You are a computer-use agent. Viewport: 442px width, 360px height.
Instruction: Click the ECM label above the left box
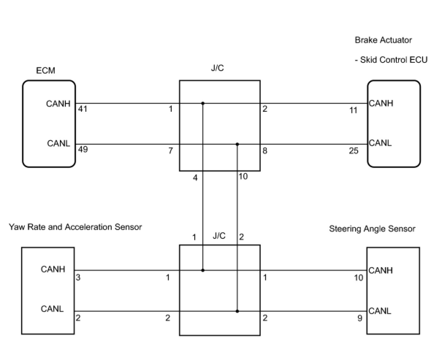[x=46, y=70]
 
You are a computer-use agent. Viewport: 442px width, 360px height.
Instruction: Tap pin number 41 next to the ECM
[x=83, y=109]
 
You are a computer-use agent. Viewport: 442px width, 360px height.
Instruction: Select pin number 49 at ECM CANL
[x=83, y=149]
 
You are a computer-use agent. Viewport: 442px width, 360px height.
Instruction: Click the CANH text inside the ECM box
[x=58, y=104]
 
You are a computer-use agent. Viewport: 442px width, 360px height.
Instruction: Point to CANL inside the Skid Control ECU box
[x=380, y=143]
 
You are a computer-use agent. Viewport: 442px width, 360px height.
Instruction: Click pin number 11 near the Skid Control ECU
[x=353, y=110]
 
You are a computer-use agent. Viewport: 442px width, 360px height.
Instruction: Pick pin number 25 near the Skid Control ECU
[x=353, y=150]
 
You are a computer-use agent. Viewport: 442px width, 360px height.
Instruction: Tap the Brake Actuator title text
[x=383, y=40]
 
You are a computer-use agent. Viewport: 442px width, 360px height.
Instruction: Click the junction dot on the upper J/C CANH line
[x=203, y=103]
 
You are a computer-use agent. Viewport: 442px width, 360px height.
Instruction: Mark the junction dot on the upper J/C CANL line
[x=237, y=144]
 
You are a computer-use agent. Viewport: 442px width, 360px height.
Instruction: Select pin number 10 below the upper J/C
[x=243, y=177]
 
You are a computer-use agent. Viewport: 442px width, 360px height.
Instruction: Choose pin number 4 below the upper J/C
[x=195, y=178]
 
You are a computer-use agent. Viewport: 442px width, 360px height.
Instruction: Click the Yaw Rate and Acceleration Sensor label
[x=75, y=227]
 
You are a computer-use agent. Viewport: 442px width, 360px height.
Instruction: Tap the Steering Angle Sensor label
[x=372, y=229]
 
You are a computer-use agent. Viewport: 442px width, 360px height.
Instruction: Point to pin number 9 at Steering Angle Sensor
[x=359, y=318]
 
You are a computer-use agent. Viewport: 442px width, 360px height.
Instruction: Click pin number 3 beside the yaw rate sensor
[x=78, y=277]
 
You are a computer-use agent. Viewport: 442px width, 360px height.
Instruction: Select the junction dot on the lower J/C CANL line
[x=237, y=311]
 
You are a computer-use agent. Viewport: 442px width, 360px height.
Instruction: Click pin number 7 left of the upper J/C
[x=171, y=150]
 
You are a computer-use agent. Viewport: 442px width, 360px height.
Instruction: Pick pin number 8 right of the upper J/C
[x=265, y=150]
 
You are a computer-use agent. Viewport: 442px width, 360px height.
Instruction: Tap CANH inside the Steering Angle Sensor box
[x=381, y=270]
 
